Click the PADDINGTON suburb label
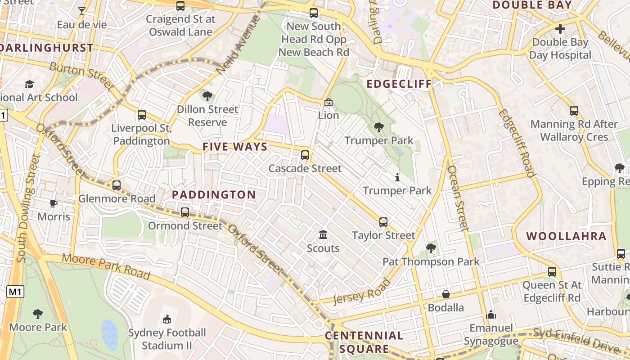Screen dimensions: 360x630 coord(214,195)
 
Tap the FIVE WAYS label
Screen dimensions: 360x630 coord(235,147)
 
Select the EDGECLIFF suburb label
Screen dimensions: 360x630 coord(399,84)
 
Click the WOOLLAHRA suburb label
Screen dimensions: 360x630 coord(566,236)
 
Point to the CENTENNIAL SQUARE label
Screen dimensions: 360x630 coord(364,342)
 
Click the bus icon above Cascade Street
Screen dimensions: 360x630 coord(305,155)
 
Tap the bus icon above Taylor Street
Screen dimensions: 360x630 coord(383,222)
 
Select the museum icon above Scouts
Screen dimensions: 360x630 coord(323,235)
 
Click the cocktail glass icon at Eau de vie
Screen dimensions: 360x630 coord(82,11)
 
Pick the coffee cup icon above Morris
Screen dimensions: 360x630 coord(54,203)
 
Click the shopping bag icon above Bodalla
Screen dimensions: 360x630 coord(446,294)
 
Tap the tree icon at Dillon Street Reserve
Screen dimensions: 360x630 coord(207,96)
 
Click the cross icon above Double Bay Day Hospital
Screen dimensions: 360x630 coord(560,29)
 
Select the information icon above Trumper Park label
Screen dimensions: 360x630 coord(397,177)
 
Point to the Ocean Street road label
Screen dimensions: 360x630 coord(458,198)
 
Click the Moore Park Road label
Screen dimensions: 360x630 coord(106,265)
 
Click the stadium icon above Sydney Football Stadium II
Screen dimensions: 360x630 coord(167,319)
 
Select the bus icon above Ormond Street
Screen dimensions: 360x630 coord(185,212)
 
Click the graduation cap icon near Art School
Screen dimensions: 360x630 coord(30,84)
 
